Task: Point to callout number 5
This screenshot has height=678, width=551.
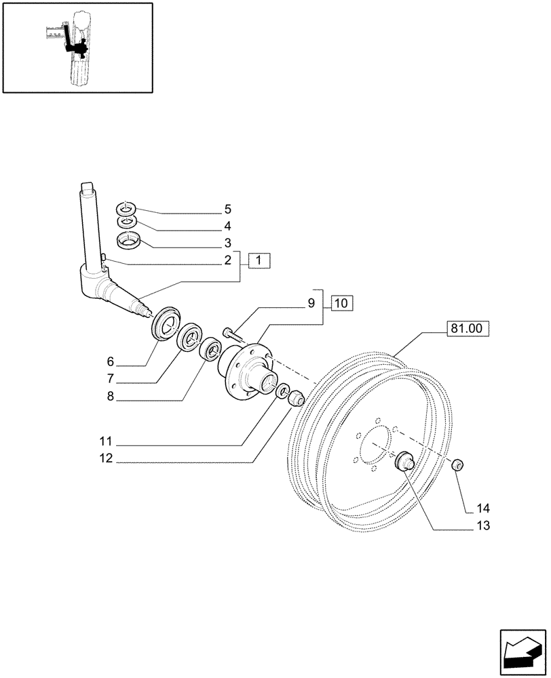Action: click(x=228, y=210)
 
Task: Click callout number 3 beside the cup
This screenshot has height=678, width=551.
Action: click(x=228, y=243)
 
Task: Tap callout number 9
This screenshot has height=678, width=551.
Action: click(x=311, y=303)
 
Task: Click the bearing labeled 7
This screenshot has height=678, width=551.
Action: click(x=189, y=337)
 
